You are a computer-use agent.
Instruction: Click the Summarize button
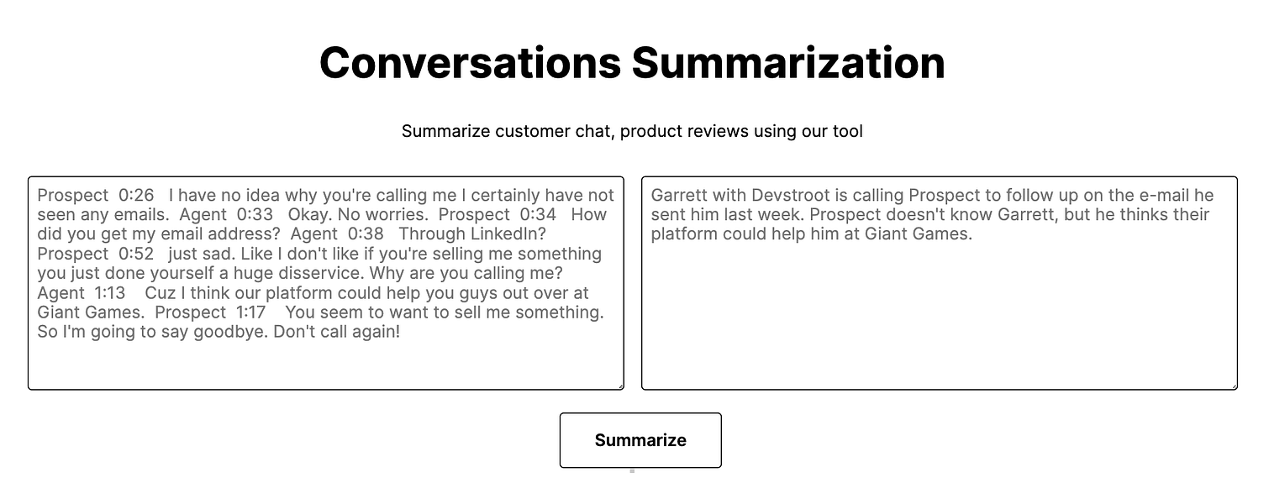click(x=640, y=440)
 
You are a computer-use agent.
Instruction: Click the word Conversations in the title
click(x=471, y=62)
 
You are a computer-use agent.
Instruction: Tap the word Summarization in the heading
click(x=788, y=62)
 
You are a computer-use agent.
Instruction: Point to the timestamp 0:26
click(x=136, y=196)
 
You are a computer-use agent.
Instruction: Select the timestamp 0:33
click(x=255, y=215)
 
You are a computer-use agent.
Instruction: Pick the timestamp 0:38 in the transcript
click(x=366, y=234)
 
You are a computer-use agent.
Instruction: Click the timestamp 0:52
click(x=136, y=254)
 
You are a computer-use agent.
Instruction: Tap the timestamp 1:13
click(x=109, y=293)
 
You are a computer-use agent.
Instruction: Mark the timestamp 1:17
click(x=250, y=312)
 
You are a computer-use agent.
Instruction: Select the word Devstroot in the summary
click(x=790, y=196)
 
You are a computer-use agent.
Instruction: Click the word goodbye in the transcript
click(x=229, y=332)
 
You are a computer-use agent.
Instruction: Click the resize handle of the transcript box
click(x=620, y=386)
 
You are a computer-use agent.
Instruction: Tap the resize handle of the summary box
click(x=1234, y=386)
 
